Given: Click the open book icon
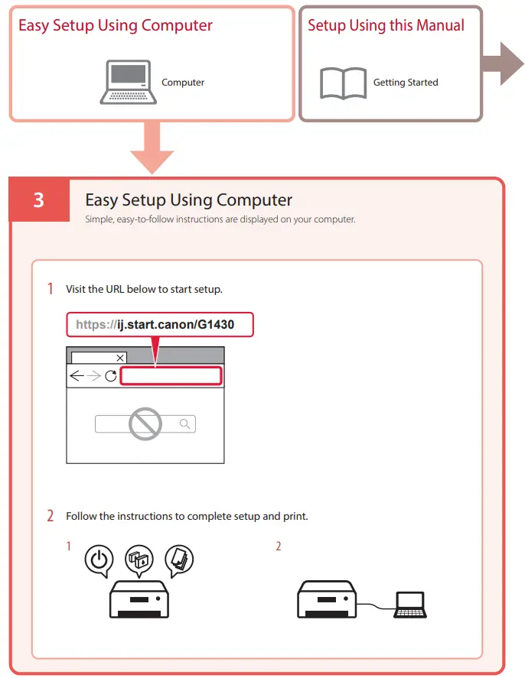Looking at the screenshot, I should (x=343, y=83).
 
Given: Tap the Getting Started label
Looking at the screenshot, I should (x=406, y=83).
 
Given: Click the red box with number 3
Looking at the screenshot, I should (x=39, y=200).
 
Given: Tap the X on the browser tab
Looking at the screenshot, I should (x=120, y=357).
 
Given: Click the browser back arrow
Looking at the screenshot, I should (x=77, y=376).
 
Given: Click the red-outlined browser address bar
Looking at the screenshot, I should (x=171, y=376).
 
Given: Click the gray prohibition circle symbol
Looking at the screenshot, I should (x=145, y=423).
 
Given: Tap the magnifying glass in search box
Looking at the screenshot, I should (x=184, y=423).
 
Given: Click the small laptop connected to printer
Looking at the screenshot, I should (x=410, y=605).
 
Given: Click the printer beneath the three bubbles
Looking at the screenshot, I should (x=139, y=600).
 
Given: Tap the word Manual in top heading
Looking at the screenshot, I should (x=439, y=25).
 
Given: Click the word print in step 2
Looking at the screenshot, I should (x=294, y=516).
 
